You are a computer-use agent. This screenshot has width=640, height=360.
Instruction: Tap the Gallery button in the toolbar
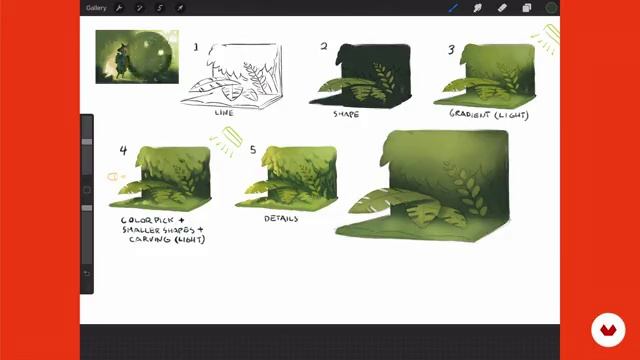[x=96, y=8]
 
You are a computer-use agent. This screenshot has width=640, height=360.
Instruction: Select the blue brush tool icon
[x=453, y=8]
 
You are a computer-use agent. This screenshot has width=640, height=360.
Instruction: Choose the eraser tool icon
[x=501, y=8]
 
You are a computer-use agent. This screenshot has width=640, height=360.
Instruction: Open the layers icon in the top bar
[x=526, y=8]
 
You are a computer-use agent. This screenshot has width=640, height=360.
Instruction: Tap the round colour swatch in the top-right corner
[x=551, y=8]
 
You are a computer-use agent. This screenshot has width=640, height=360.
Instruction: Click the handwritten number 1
[x=196, y=47]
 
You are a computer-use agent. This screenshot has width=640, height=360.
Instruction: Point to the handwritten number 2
[x=324, y=46]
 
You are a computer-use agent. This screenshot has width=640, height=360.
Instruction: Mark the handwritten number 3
[x=451, y=49]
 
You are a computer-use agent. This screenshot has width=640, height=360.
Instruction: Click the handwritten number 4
[x=123, y=151]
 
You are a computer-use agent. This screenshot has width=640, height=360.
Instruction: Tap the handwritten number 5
[x=252, y=150]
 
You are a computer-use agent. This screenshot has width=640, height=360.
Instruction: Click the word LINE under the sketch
[x=225, y=113]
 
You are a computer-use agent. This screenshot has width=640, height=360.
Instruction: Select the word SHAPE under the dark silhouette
[x=346, y=114]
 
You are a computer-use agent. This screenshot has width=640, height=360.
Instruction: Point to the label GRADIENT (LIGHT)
[x=488, y=114]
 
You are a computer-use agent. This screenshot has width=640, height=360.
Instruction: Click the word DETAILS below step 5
[x=283, y=217]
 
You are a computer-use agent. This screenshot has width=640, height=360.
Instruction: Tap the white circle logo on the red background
[x=607, y=329]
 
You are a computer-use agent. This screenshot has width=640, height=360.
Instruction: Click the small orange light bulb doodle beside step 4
[x=113, y=177]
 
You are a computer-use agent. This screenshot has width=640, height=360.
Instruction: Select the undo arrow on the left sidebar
[x=86, y=273]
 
